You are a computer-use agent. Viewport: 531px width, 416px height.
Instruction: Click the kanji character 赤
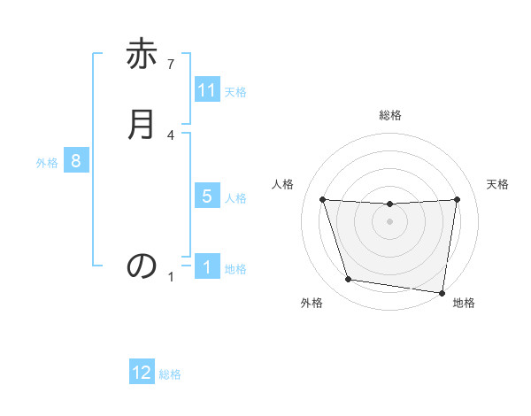pos(142,56)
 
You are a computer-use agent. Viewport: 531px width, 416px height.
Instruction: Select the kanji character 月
pos(142,125)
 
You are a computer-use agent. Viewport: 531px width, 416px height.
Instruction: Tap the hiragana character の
pos(142,266)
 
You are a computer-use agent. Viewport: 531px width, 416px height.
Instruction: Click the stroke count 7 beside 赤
pos(171,65)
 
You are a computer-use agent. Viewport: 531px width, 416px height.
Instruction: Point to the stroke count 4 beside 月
pos(171,135)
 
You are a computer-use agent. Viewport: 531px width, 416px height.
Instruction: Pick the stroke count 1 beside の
pos(171,277)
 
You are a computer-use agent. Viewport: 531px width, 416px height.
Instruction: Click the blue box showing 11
pos(207,90)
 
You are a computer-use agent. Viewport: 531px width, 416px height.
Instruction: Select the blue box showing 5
pos(207,196)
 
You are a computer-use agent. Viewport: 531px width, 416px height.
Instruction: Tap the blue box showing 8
pos(76,161)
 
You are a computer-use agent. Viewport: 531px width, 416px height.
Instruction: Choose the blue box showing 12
pos(142,373)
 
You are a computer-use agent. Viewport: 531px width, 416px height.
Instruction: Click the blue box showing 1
pos(207,267)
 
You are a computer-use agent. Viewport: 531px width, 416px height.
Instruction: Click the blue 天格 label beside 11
pos(235,92)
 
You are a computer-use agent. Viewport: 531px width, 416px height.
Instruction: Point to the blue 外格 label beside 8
pos(47,163)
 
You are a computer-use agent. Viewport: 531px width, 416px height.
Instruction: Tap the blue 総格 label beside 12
pos(170,374)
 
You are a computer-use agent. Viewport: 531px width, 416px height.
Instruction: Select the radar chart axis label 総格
pos(390,115)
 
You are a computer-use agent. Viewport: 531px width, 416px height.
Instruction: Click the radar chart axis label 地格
pos(464,304)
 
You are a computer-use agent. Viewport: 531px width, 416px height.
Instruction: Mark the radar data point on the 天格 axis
pos(458,199)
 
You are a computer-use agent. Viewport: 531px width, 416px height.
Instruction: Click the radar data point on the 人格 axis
pos(322,199)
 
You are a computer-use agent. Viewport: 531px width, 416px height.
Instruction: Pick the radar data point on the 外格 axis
pos(349,280)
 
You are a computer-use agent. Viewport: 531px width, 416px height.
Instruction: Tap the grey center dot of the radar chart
pos(390,221)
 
